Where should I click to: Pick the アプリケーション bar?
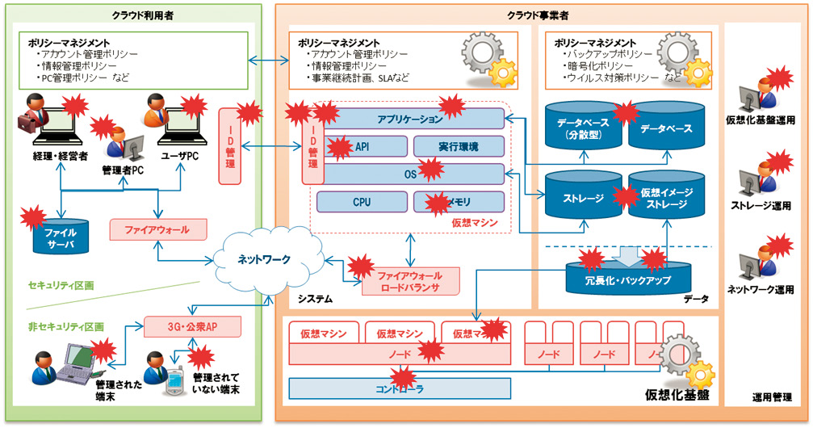[409, 120]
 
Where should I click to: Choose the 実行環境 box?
[458, 146]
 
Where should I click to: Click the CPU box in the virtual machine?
[361, 202]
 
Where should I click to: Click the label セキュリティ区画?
[61, 286]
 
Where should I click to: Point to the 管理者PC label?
[123, 170]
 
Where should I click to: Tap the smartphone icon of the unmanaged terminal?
[171, 386]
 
